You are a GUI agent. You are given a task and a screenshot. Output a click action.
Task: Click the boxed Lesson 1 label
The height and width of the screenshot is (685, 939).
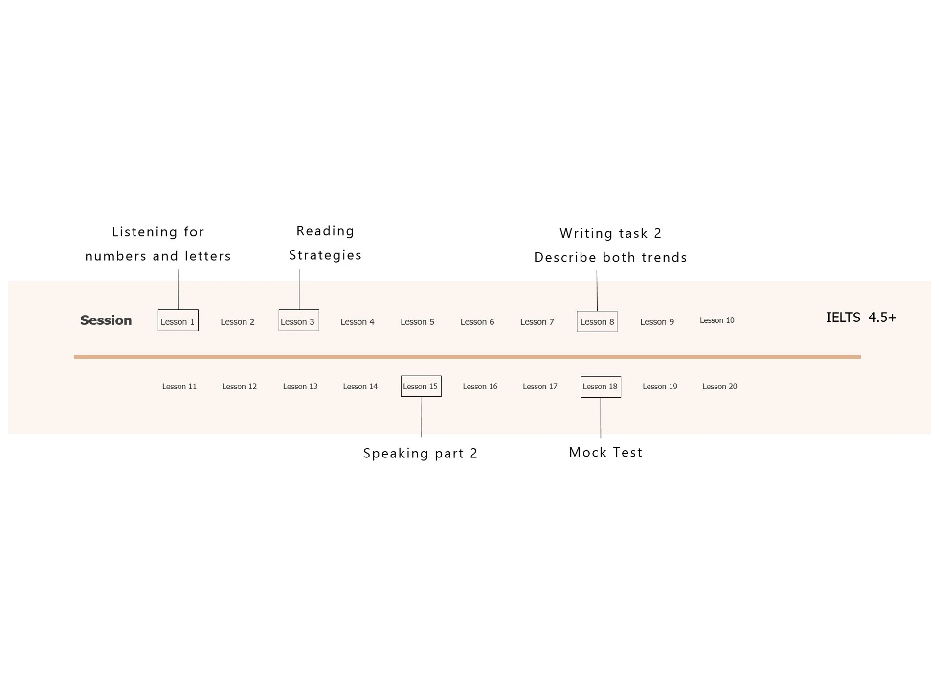[178, 320]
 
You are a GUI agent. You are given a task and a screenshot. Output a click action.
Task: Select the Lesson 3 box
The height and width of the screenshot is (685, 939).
[299, 320]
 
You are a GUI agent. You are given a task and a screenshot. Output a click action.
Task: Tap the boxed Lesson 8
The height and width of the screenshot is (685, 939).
[597, 321]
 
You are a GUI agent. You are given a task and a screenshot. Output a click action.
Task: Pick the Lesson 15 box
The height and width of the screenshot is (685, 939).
[421, 386]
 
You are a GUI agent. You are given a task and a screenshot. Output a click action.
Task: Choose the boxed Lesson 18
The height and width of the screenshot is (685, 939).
[601, 387]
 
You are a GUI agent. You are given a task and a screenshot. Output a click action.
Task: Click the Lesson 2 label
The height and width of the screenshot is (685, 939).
[238, 322]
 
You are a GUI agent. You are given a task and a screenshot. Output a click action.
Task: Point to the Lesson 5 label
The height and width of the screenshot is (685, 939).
[417, 322]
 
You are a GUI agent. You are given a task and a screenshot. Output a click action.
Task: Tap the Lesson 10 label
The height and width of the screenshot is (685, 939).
[717, 320]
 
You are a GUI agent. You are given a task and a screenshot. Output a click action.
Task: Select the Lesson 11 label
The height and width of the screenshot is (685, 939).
[179, 387]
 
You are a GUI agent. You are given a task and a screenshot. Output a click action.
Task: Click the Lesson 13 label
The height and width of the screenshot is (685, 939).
[300, 387]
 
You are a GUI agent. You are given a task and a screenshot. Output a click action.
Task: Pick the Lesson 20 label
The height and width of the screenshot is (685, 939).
[720, 387]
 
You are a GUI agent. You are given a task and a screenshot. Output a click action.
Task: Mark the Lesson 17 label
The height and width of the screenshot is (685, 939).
[540, 387]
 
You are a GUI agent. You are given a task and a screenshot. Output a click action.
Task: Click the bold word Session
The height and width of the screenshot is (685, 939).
[106, 320]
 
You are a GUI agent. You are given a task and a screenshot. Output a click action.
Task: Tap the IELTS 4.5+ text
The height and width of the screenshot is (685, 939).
[861, 318]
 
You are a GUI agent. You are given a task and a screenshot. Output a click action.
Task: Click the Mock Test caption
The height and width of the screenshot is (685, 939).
[605, 453]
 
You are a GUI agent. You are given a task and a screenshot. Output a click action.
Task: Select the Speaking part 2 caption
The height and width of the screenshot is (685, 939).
[420, 454]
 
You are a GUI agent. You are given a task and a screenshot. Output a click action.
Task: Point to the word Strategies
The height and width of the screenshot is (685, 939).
[325, 255]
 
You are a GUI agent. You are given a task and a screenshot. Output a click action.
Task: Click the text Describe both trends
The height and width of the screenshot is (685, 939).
[610, 258]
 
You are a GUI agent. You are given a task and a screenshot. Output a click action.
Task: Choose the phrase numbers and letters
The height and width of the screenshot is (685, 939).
[158, 256]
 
